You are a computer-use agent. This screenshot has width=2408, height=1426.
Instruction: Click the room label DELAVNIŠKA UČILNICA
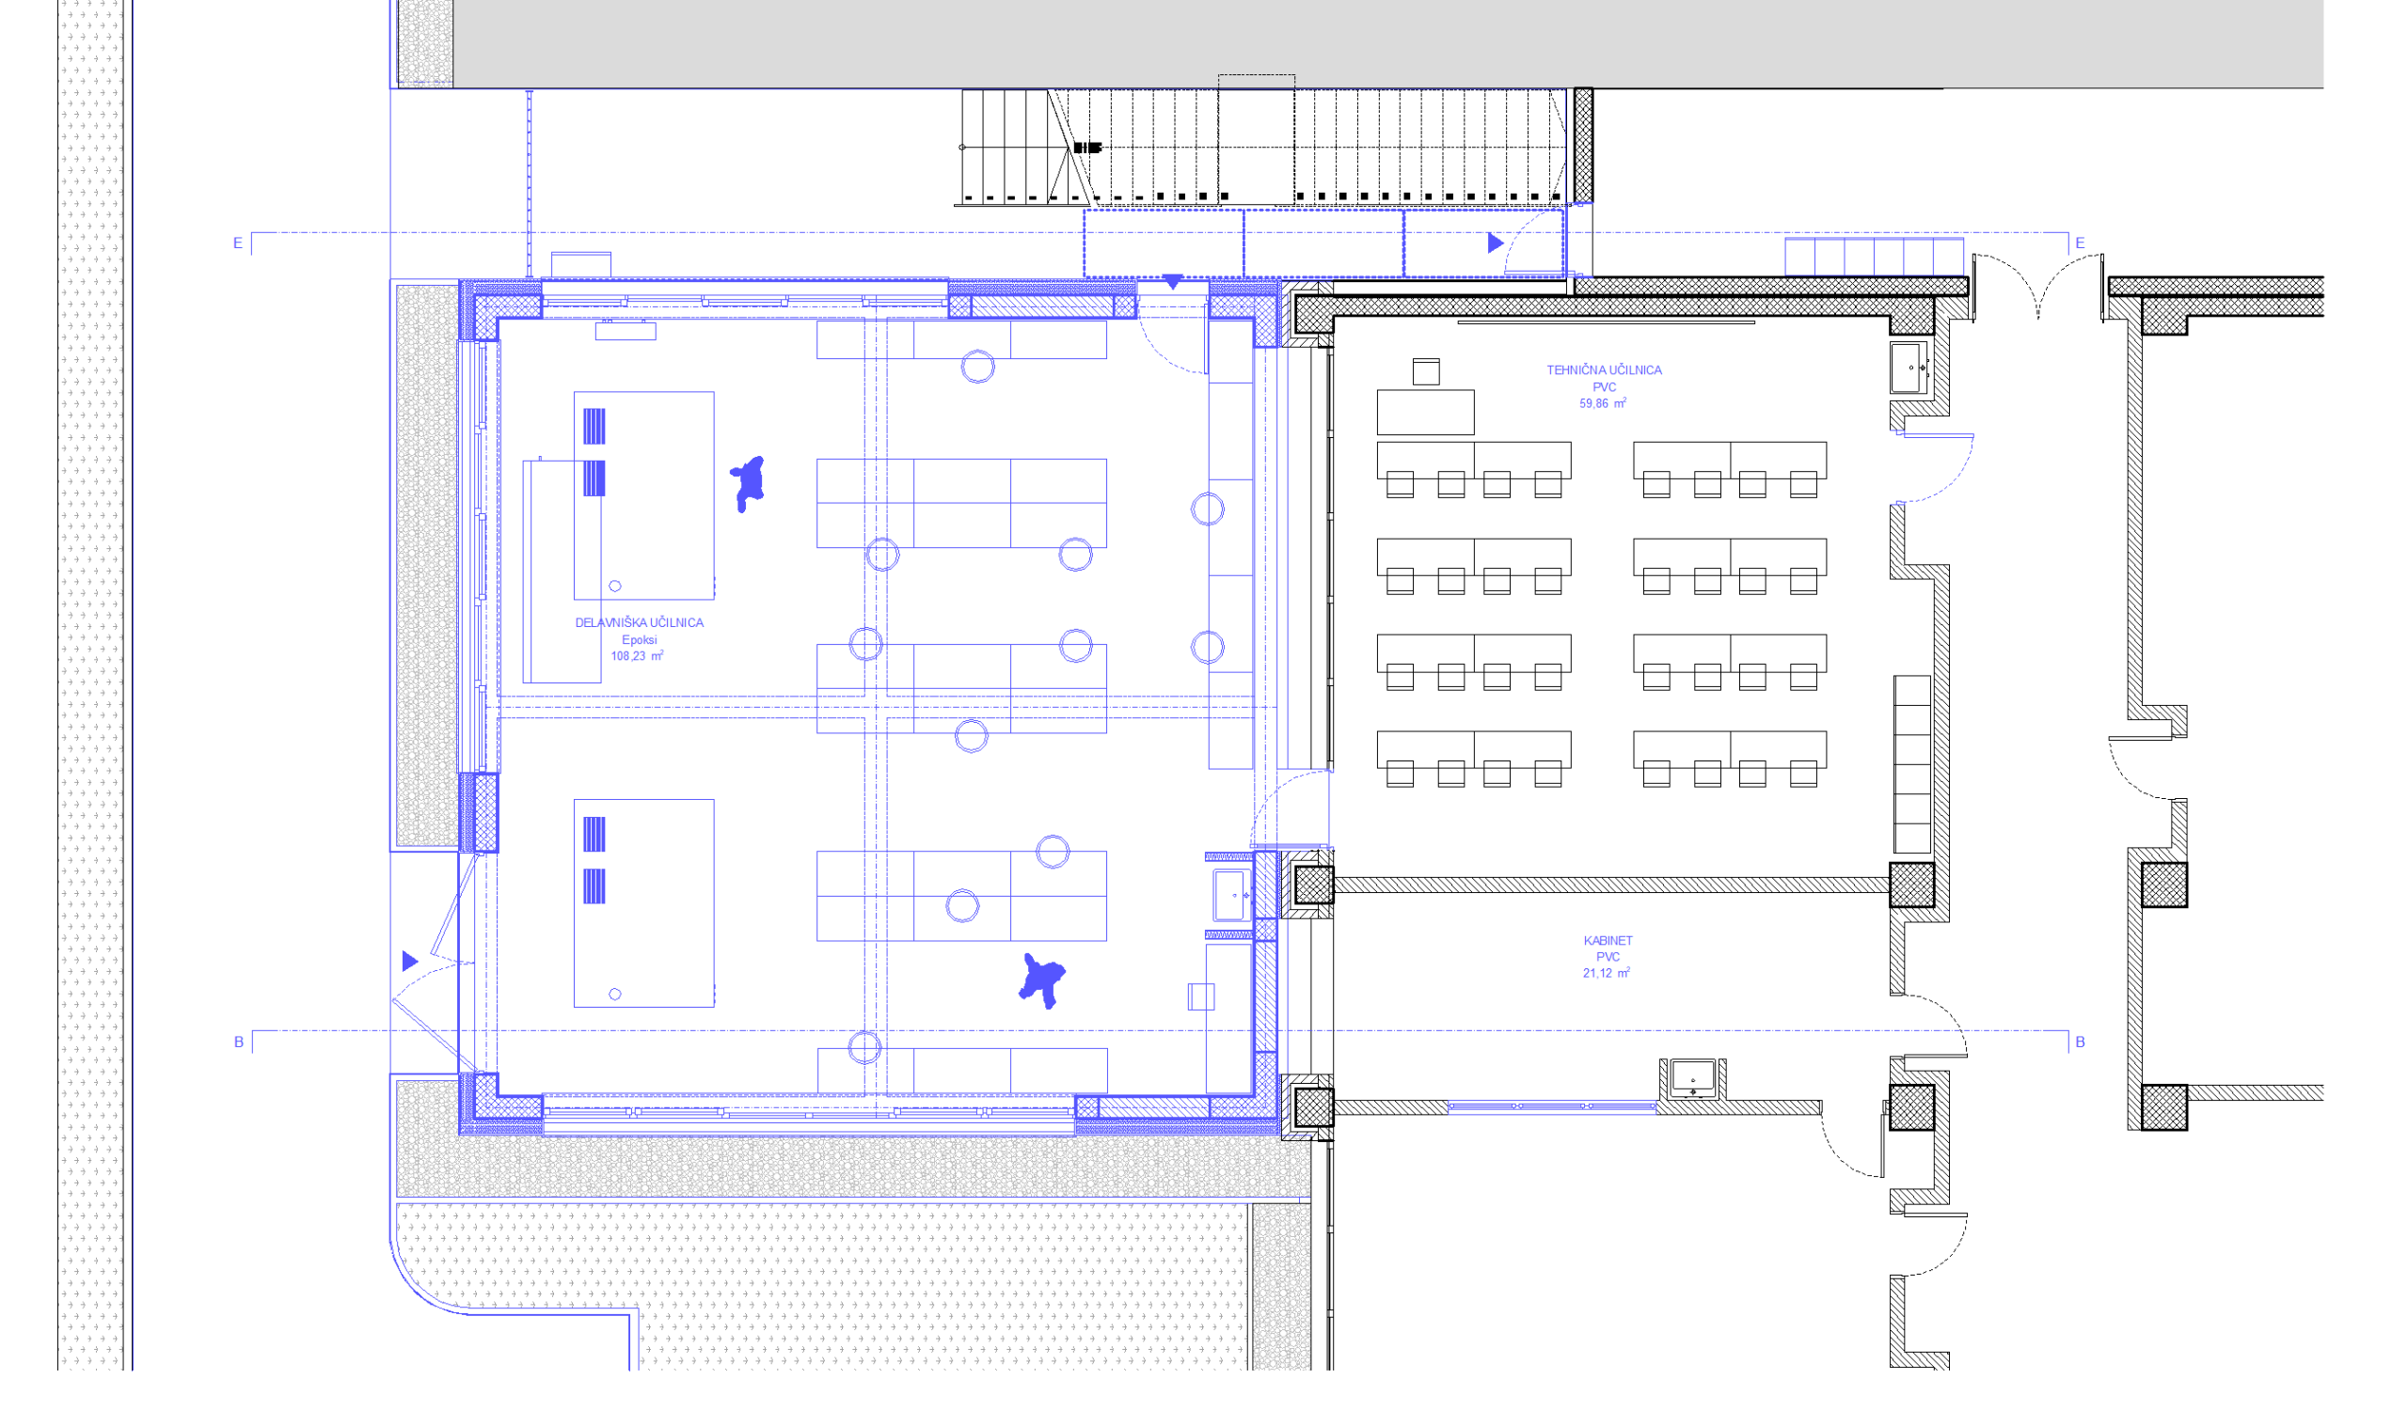[x=640, y=622]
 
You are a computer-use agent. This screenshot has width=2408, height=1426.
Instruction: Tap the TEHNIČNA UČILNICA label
[x=1604, y=370]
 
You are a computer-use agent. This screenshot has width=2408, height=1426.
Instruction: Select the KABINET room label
[x=1608, y=941]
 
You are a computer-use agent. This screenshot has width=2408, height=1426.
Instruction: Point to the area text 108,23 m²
[x=638, y=656]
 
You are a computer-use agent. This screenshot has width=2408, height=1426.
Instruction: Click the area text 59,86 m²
[x=1603, y=403]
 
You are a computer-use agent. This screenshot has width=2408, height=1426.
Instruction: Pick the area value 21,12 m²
[x=1607, y=974]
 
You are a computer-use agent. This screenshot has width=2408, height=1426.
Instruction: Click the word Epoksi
[x=640, y=640]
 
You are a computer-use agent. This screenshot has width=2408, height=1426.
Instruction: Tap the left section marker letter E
[x=237, y=243]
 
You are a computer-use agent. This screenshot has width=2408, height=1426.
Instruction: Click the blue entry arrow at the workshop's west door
[x=409, y=961]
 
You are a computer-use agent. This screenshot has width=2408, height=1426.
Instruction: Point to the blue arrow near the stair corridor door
[x=1495, y=243]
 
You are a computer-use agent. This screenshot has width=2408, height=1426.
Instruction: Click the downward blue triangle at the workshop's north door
[x=1173, y=282]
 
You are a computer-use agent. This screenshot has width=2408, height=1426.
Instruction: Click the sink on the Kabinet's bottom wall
[x=1692, y=1078]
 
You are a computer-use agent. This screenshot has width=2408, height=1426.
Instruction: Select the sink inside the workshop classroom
[x=1231, y=896]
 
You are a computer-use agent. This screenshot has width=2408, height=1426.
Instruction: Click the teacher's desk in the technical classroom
[x=1425, y=413]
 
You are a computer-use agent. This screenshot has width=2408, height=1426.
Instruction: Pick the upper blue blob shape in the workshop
[x=747, y=482]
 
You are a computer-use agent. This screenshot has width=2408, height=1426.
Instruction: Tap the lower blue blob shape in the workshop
[x=1042, y=980]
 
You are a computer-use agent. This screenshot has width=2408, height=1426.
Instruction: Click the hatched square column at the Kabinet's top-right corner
[x=1911, y=885]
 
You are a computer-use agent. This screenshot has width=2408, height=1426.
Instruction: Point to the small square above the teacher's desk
[x=1426, y=372]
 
